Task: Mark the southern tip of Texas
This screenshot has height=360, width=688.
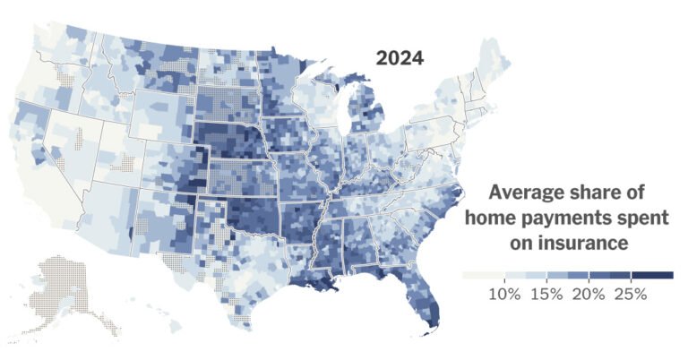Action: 238,318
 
